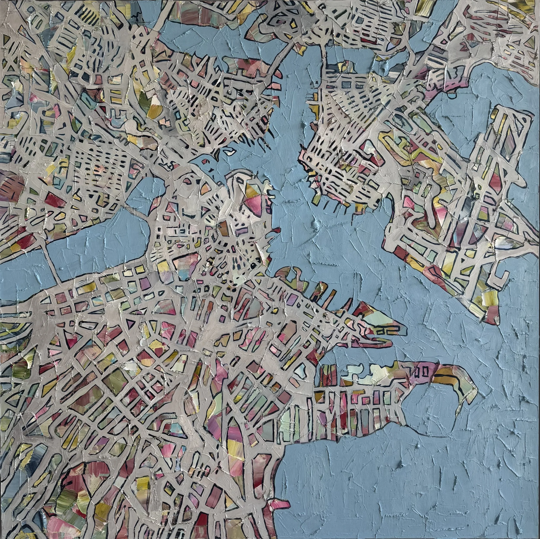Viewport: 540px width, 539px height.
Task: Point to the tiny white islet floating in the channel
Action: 231,152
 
